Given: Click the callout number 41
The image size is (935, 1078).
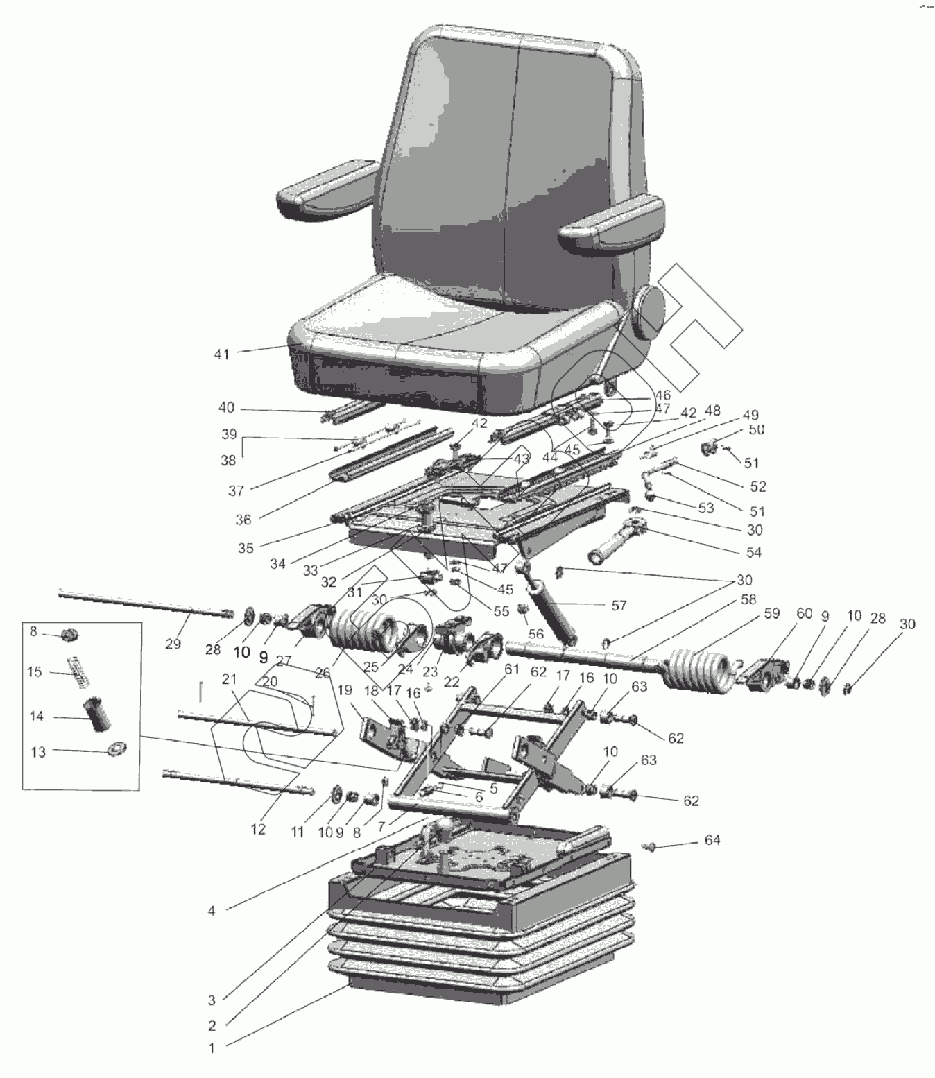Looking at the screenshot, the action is point(221,354).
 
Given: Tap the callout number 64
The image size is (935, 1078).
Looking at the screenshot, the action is point(712,840).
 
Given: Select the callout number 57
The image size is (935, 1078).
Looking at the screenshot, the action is point(619,606).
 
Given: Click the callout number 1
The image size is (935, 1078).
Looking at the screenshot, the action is point(212,1048).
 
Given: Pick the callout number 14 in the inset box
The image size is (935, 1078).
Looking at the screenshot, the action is point(37,717).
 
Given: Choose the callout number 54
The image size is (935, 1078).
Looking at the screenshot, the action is point(753,552).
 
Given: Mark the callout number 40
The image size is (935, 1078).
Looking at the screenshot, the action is point(226,408).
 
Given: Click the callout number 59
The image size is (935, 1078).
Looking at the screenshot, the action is point(771,613).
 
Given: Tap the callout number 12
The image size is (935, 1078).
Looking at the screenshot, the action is point(258,829).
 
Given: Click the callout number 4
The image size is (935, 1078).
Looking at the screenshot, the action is point(212,911).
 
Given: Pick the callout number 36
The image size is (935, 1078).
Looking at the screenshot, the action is point(243,518).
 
